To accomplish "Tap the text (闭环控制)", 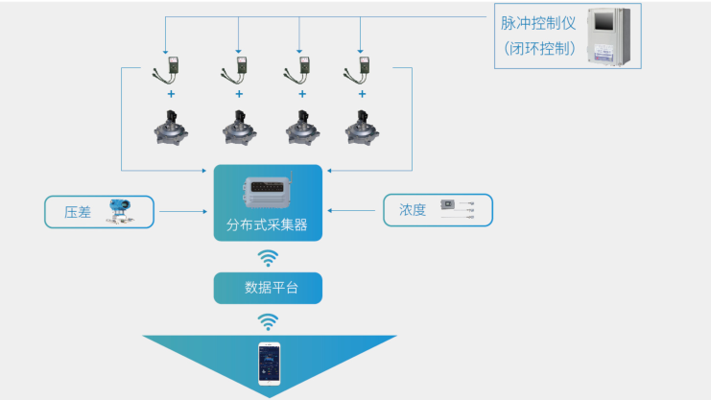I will tap(539, 48).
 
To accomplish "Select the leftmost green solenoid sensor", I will tap(172, 70).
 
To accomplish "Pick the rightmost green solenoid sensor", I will tap(364, 70).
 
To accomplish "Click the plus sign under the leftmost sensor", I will tap(172, 95).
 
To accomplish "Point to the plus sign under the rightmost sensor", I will tap(364, 95).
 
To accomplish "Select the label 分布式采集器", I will tap(268, 227).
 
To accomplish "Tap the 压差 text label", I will tap(78, 212).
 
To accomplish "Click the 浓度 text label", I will tap(413, 210).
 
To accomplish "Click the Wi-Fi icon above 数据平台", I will tap(268, 257).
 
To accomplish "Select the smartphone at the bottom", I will tap(269, 365).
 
